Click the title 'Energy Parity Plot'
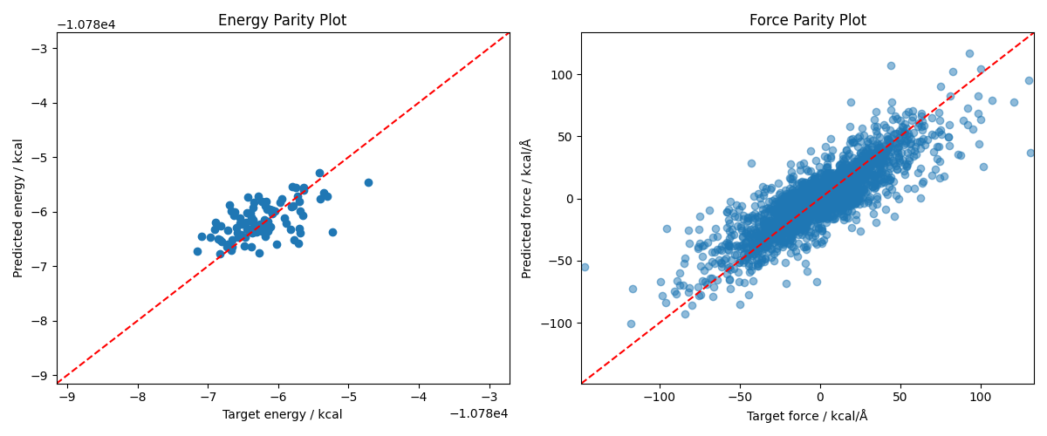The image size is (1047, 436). (x=282, y=20)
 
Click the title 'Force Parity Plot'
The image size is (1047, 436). (x=807, y=20)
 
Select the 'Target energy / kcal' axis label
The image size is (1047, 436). (x=282, y=415)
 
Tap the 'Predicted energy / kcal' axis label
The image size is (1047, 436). (x=18, y=208)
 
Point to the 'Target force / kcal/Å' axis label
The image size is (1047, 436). (x=807, y=416)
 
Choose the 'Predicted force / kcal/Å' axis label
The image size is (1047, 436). (x=527, y=208)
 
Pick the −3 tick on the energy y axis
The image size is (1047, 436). (x=41, y=49)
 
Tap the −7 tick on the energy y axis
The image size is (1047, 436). (x=41, y=267)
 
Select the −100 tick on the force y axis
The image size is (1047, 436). (x=558, y=324)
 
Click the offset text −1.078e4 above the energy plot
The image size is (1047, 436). (x=86, y=24)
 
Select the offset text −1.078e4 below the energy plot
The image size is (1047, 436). (x=479, y=413)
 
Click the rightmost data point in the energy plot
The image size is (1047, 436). (x=368, y=182)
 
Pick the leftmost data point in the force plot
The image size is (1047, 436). (x=585, y=267)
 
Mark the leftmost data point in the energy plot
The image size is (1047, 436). (x=197, y=251)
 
